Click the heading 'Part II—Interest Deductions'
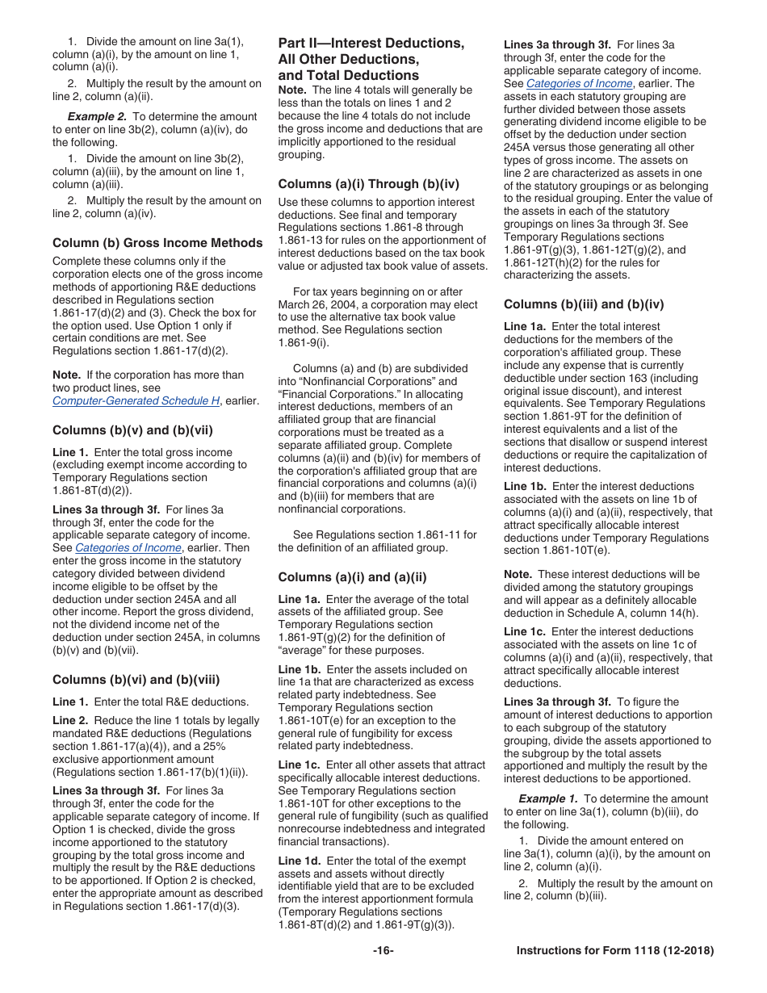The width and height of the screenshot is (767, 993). [371, 43]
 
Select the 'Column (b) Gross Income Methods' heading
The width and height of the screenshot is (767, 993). [138, 242]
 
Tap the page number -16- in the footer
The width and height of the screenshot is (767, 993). [383, 950]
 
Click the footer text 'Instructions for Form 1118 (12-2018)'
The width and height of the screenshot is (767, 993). [614, 950]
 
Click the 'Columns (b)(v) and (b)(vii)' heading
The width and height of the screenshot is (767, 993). [127, 430]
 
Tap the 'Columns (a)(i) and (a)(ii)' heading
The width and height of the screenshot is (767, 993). [352, 577]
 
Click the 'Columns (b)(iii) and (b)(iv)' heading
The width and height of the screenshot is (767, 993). [584, 304]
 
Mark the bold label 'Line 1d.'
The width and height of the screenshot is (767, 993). [300, 861]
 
